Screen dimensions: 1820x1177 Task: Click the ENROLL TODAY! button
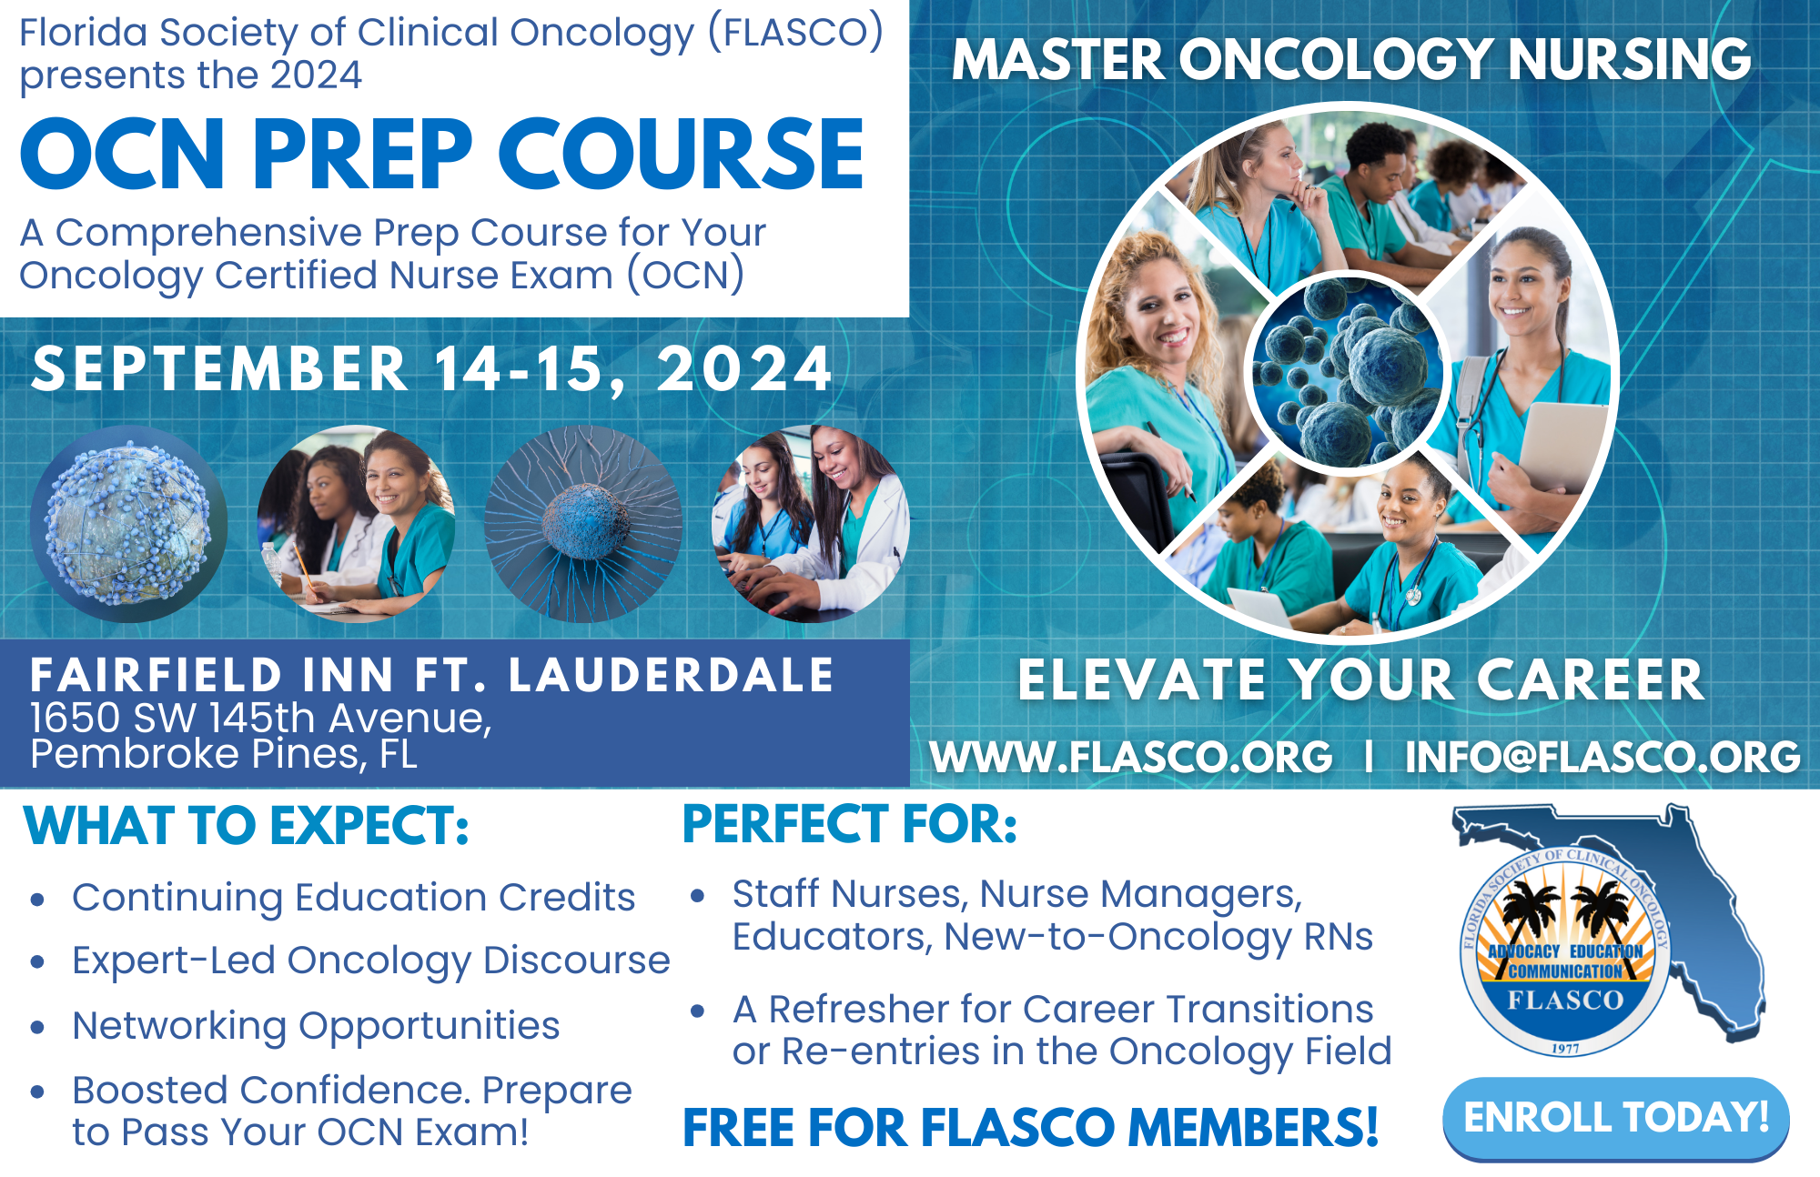1616,1118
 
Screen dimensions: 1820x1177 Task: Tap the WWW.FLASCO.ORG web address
1131,757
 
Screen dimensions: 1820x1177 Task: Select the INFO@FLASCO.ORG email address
1603,757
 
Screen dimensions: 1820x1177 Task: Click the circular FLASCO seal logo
1565,954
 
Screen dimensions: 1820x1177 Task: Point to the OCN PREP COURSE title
442,155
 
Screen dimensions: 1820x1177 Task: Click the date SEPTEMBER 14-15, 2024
431,369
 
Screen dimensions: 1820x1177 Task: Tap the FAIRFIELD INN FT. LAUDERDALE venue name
431,675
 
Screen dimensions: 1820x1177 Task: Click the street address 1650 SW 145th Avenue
261,719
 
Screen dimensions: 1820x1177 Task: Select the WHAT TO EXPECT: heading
247,826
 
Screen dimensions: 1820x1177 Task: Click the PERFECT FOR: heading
850,824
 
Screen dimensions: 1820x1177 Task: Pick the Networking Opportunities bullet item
316,1026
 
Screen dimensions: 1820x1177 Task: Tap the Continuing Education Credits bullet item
353,898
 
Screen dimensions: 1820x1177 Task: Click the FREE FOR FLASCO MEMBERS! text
1031,1128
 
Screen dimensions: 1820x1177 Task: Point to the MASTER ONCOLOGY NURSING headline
1351,59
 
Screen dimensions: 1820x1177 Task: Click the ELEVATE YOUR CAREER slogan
1360,679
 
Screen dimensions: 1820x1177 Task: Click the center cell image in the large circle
1348,372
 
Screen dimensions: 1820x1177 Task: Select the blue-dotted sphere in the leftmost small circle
128,524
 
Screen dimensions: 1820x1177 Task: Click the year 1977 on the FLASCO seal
1565,1049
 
